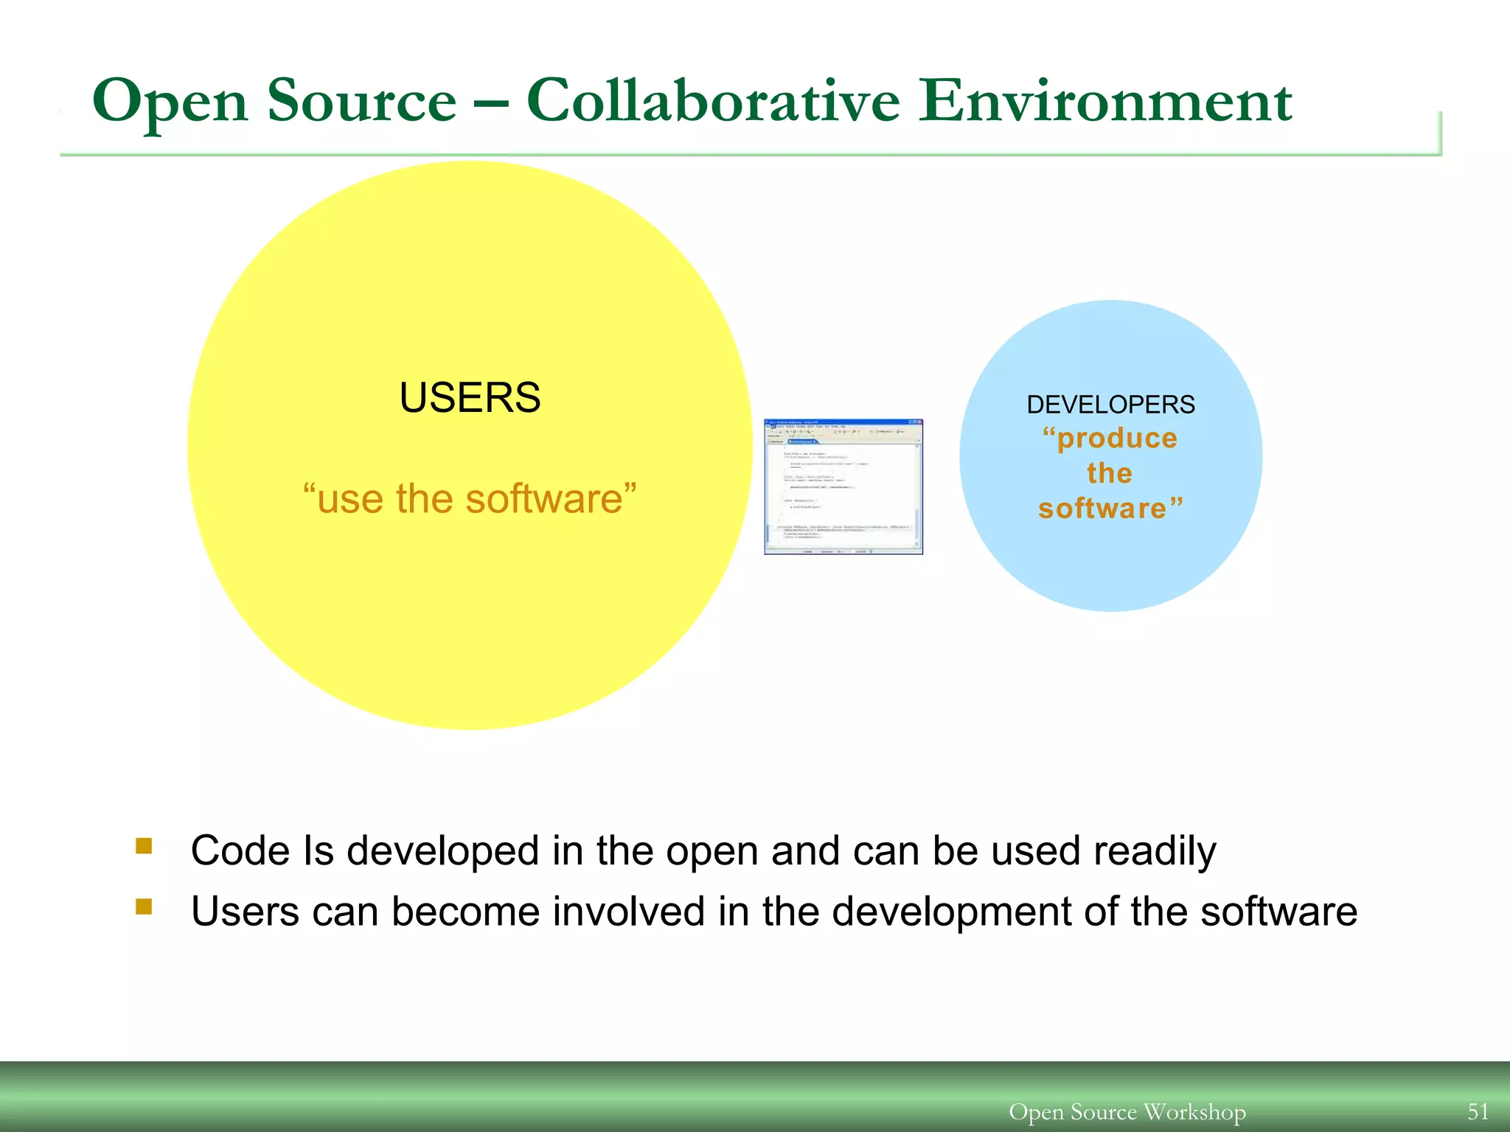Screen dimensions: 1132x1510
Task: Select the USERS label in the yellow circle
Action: coord(470,398)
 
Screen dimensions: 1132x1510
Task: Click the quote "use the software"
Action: coord(470,499)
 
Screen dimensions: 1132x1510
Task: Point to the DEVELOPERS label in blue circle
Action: coord(1110,405)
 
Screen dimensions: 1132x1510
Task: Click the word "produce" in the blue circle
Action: coord(1110,439)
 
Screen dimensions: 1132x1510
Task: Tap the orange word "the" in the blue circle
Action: coord(1109,473)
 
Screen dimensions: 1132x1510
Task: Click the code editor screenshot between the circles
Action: coord(843,486)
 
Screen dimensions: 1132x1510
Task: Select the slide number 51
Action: coord(1478,1111)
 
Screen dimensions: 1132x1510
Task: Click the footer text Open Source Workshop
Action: coord(1127,1111)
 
